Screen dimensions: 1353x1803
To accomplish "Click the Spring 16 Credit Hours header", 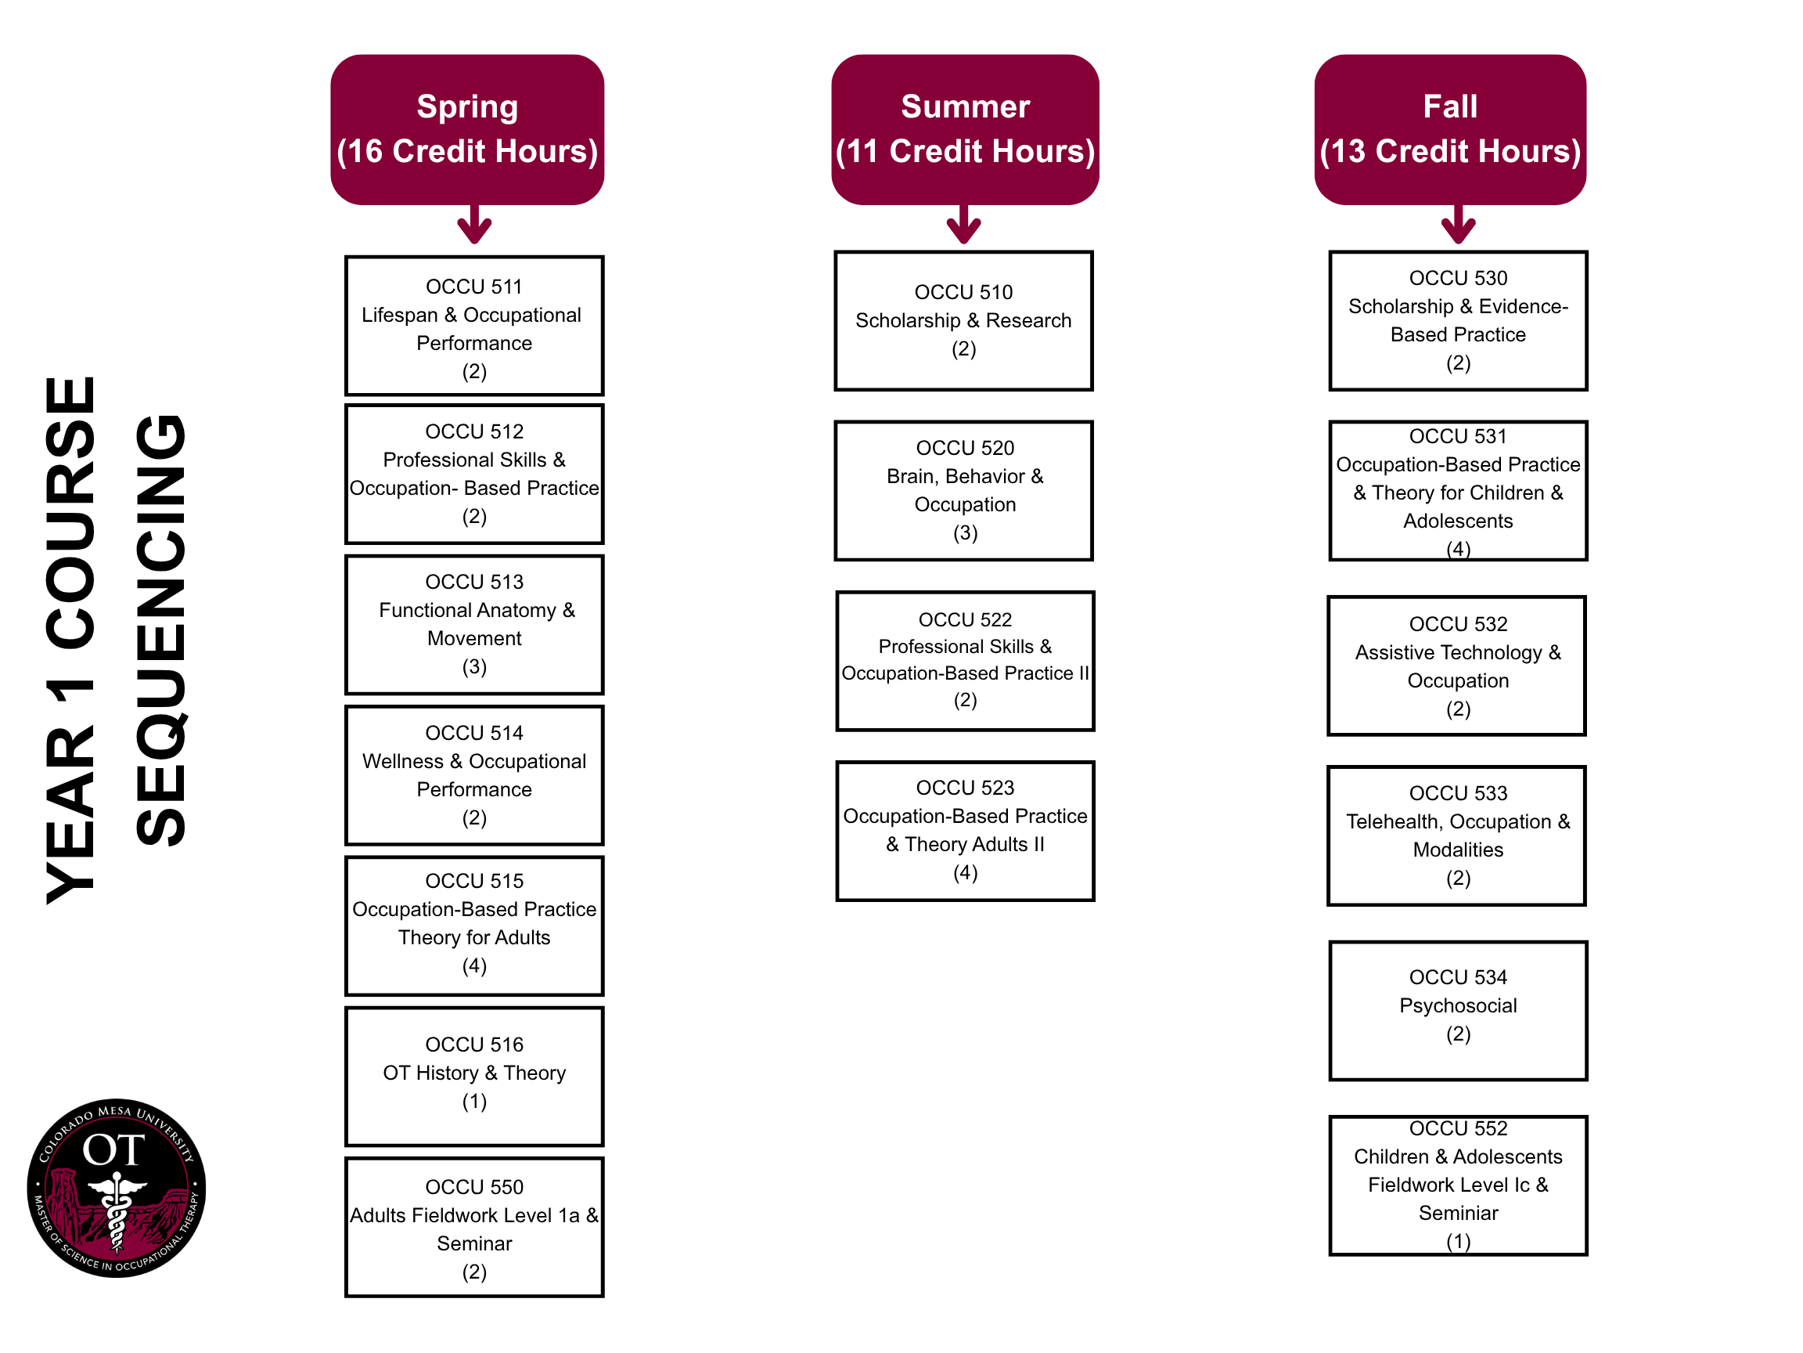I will coord(467,129).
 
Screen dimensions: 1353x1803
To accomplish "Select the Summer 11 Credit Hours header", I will coord(965,129).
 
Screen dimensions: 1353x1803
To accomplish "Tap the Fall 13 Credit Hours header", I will coord(1449,129).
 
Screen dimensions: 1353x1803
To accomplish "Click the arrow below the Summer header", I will coord(963,225).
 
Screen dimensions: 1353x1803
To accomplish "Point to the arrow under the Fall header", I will coord(1457,225).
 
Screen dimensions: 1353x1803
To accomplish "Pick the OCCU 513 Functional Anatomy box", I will coord(473,624).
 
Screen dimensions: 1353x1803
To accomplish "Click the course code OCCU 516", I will coord(473,1044).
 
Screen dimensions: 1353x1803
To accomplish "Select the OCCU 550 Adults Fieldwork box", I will coord(473,1227).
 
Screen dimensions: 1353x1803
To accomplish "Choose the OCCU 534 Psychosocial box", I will coord(1457,1011).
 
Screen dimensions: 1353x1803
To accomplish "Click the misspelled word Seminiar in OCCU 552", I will coord(1457,1213).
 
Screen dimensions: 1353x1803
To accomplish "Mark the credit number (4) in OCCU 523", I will coord(965,873).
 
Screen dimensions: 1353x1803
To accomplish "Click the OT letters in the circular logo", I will coord(113,1150).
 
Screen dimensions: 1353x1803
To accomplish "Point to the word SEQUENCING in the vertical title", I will coord(160,630).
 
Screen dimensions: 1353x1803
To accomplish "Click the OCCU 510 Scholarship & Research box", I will coord(963,320).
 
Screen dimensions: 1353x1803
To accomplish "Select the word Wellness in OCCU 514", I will coord(403,761).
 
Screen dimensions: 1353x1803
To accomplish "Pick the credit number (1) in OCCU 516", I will coord(473,1101).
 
